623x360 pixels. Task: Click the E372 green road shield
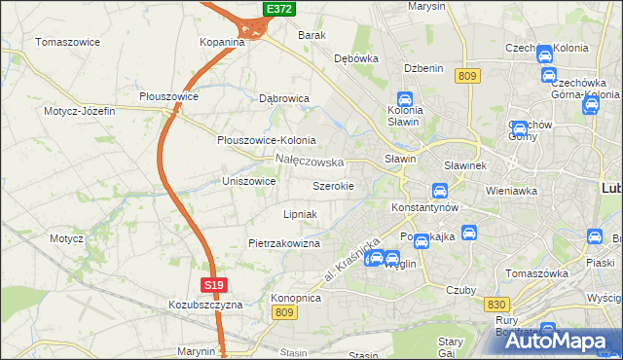[279, 9]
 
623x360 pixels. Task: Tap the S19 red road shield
[215, 285]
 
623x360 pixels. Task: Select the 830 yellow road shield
[495, 305]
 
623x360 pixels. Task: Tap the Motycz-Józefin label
[79, 111]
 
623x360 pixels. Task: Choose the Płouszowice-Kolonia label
[266, 140]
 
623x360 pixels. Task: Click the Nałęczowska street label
[310, 161]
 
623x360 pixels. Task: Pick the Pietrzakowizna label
[284, 243]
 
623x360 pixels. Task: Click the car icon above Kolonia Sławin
[404, 98]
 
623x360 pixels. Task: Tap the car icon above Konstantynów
[439, 191]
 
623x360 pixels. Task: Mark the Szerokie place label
[333, 186]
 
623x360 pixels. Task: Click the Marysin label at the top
[426, 6]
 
